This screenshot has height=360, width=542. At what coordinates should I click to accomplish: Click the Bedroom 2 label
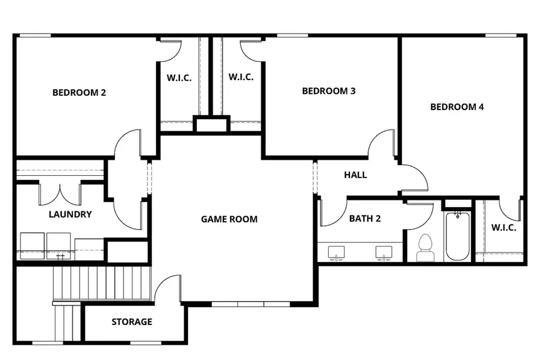tap(79, 93)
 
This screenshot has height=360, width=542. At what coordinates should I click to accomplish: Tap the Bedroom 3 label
tap(328, 92)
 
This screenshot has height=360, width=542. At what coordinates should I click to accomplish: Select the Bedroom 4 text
tap(456, 107)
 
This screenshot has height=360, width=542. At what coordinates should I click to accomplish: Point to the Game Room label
tap(229, 219)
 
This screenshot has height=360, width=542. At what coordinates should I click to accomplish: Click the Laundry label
tap(70, 214)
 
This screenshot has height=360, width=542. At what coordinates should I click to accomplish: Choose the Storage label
tap(131, 322)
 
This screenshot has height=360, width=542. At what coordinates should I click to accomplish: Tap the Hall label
tap(355, 175)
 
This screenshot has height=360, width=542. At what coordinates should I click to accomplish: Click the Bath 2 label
tap(364, 219)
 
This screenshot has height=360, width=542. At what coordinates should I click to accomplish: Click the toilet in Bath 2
tap(425, 247)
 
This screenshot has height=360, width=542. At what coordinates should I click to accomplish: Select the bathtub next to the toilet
tap(458, 237)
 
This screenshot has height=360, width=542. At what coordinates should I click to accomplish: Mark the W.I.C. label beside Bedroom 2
tap(179, 78)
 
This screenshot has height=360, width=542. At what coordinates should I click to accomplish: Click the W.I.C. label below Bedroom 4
tap(503, 228)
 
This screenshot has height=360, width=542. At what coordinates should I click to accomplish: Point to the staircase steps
tap(101, 283)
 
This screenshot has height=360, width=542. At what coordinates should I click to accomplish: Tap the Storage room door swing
tap(169, 288)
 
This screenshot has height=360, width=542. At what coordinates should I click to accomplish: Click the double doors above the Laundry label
tap(60, 194)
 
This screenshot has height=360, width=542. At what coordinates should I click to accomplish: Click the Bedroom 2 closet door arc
tap(170, 51)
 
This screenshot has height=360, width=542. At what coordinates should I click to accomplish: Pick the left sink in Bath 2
tap(336, 252)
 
